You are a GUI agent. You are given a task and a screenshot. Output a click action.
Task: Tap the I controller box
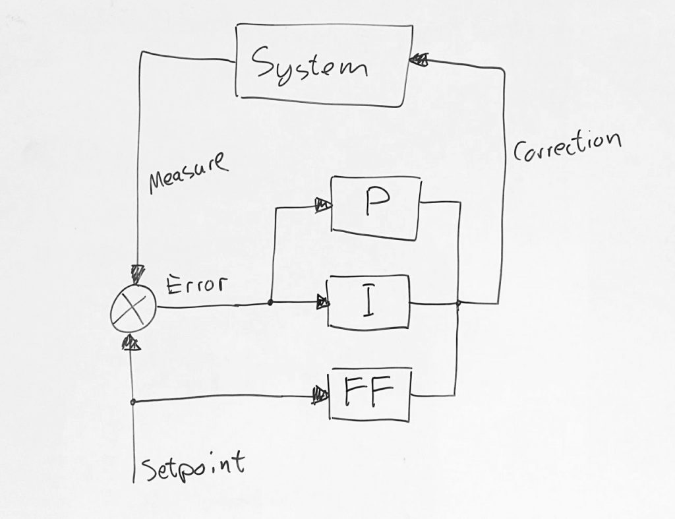pos(368,303)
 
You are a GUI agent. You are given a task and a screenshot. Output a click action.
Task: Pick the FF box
pos(370,394)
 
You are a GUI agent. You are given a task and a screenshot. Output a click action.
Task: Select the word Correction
pos(567,146)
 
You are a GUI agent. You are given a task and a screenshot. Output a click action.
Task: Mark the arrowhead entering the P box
pos(323,205)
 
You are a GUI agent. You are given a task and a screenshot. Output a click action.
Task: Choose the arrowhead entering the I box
pos(322,303)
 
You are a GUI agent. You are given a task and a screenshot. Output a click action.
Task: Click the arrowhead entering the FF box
pos(321,396)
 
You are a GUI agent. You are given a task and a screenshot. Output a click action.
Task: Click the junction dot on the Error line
pos(271,303)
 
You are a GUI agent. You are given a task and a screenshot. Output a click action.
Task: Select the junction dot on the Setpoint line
pos(133,402)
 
